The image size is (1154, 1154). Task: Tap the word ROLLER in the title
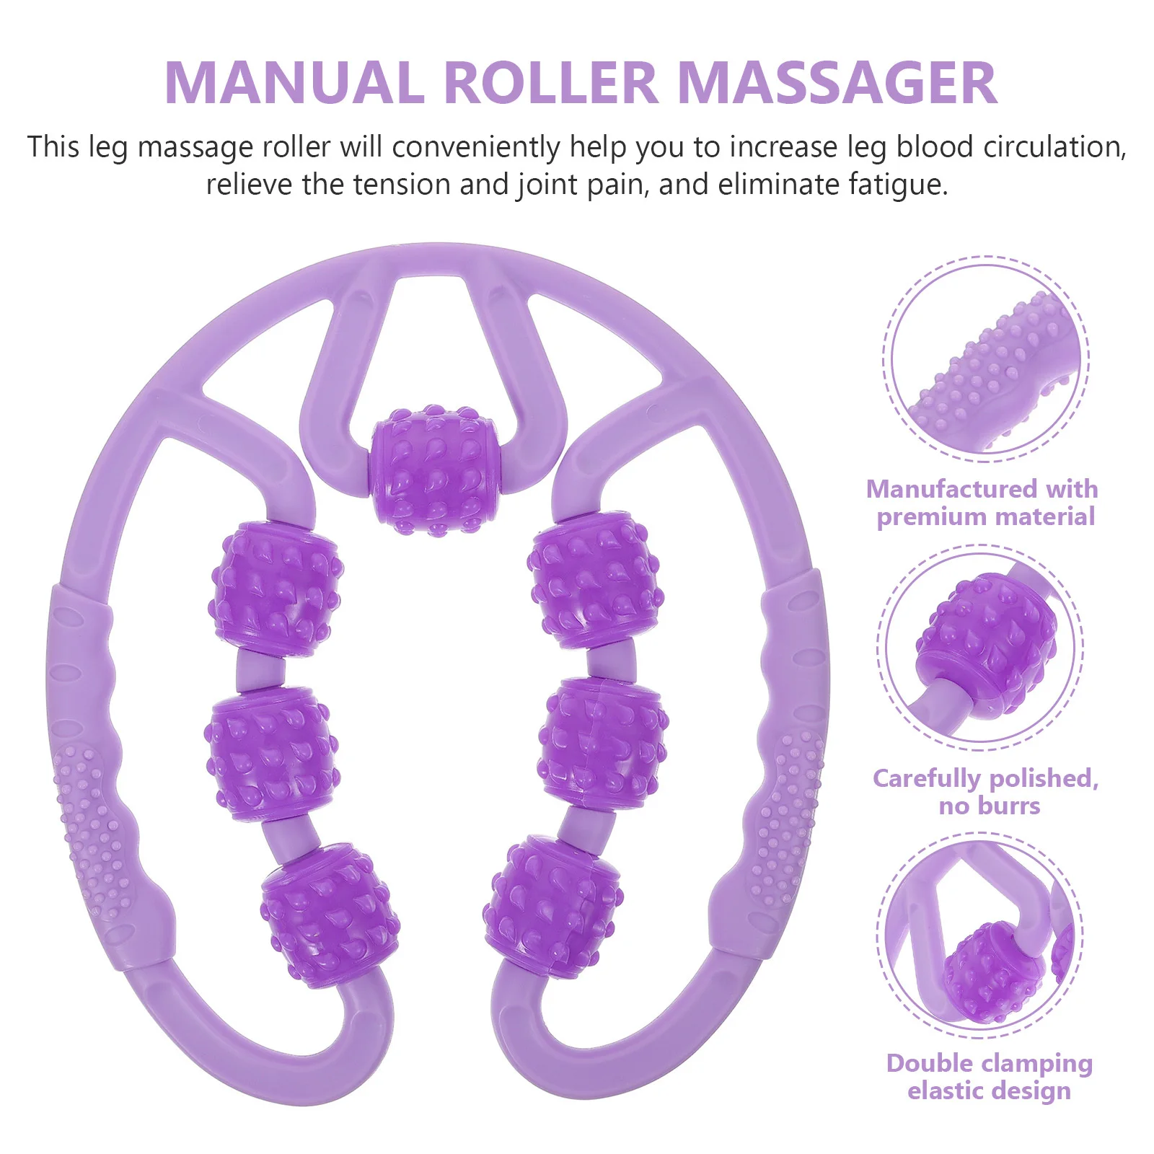click(x=550, y=83)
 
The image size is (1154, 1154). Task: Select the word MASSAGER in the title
click(x=837, y=83)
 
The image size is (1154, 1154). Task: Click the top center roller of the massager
click(x=436, y=469)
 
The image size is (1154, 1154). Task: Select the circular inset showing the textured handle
click(x=985, y=358)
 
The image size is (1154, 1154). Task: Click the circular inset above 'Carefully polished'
click(x=980, y=647)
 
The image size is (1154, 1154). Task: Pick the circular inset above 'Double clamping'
click(x=980, y=935)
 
